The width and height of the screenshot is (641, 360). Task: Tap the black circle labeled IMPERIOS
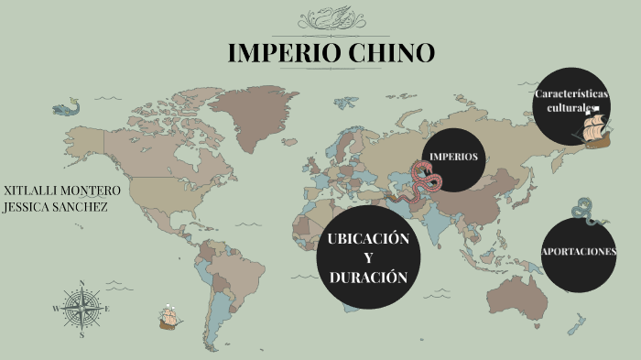pos(454,157)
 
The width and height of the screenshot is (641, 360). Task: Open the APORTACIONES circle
pos(579,251)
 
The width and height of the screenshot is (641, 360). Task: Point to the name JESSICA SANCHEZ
pos(56,206)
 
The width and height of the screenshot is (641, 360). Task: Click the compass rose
pos(81,310)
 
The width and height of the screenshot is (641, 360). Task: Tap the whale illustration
pos(66,108)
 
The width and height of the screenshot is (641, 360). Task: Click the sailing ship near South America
pos(168,317)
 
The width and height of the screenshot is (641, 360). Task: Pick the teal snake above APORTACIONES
pos(583,213)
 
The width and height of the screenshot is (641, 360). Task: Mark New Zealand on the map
pos(577,324)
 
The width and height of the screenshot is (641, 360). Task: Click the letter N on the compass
pos(81,284)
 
